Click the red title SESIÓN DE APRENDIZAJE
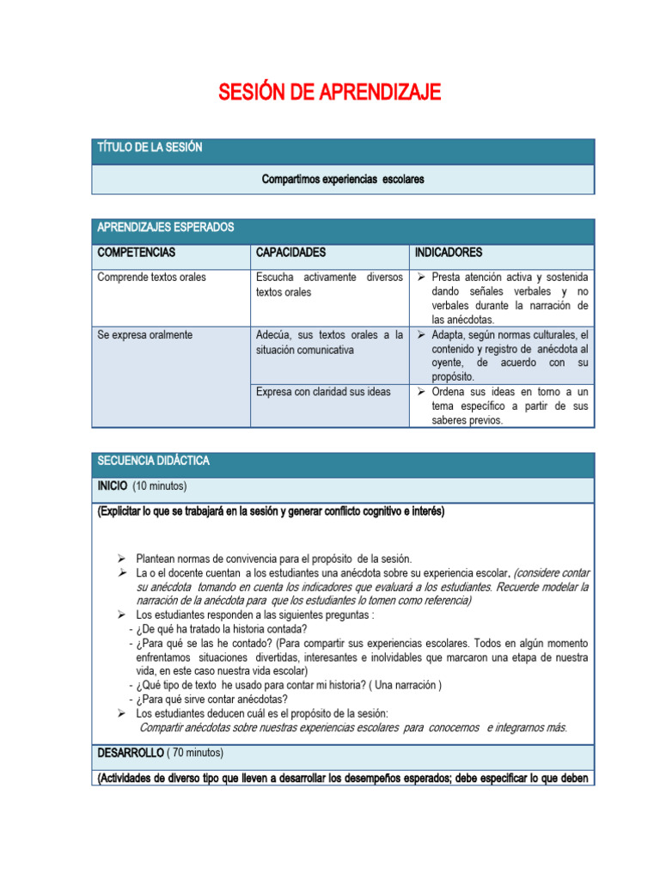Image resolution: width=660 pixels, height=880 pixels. (x=330, y=92)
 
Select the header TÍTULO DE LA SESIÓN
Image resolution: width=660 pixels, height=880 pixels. (x=150, y=148)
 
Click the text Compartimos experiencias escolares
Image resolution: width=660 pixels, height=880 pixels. (x=343, y=180)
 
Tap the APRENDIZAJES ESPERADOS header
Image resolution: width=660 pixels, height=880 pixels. (x=165, y=228)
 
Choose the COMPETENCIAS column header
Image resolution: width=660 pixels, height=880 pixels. (x=137, y=253)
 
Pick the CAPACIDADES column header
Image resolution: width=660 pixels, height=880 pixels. (x=290, y=253)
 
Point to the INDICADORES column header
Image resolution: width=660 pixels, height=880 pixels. (x=448, y=253)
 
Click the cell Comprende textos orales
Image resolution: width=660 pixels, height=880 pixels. (x=151, y=278)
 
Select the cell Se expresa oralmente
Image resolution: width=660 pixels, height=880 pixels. (x=144, y=335)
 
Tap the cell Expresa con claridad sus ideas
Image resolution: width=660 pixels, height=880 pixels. (x=323, y=392)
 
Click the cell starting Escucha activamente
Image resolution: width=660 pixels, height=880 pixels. (x=329, y=284)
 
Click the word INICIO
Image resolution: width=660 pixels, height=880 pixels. (x=112, y=486)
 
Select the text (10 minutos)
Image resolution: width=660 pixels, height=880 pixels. (x=160, y=486)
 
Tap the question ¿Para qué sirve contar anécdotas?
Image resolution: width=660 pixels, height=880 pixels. (x=211, y=699)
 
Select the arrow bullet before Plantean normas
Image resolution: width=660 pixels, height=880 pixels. (x=122, y=559)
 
